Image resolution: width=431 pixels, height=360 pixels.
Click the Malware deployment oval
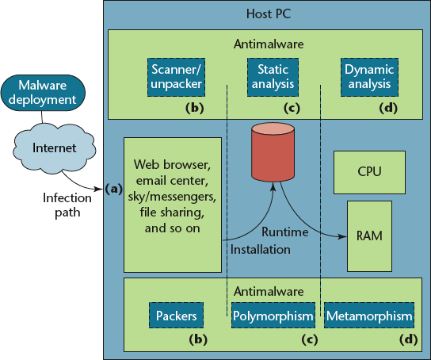43,93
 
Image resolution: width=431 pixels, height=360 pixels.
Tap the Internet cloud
55,148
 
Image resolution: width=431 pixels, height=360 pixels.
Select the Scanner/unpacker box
176,77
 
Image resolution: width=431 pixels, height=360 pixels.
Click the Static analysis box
273,77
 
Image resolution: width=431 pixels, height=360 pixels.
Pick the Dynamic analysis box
369,77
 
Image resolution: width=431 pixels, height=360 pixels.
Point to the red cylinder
273,152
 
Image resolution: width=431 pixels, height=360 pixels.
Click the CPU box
369,172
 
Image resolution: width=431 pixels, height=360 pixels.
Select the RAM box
369,236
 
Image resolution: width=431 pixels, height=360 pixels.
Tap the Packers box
176,315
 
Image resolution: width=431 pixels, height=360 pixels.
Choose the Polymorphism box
273,315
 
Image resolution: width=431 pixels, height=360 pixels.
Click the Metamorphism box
369,315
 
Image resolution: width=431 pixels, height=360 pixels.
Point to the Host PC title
269,13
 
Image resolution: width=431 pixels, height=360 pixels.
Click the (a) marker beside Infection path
113,189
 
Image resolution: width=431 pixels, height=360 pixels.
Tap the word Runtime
284,232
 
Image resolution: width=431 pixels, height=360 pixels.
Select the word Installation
261,250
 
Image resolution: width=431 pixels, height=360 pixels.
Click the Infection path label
67,205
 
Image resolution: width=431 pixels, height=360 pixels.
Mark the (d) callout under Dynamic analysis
388,108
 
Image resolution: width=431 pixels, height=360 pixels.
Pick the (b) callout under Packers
198,339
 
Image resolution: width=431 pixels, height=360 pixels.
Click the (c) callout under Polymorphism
310,339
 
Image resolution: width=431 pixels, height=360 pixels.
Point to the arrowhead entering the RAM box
343,236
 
